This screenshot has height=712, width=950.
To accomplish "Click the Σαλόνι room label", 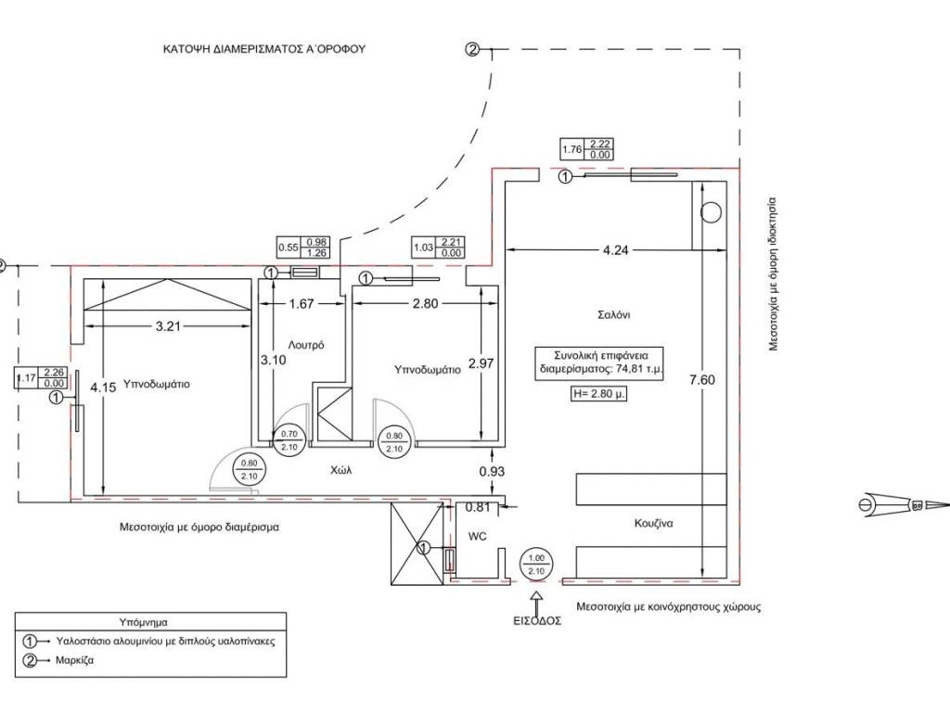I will pos(614,314).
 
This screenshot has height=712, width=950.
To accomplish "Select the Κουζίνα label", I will pos(654,523).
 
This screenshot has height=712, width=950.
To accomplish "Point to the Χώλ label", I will pos(340,470).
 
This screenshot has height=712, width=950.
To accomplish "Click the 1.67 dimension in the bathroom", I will pos(302,303).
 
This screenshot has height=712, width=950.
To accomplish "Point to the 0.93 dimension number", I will pos(493,472).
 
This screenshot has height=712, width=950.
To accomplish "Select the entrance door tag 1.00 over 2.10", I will pos(535,565).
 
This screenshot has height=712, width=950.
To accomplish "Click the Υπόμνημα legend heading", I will pos(143,622).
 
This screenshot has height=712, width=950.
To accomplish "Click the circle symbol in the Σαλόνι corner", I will pos(712,212).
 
